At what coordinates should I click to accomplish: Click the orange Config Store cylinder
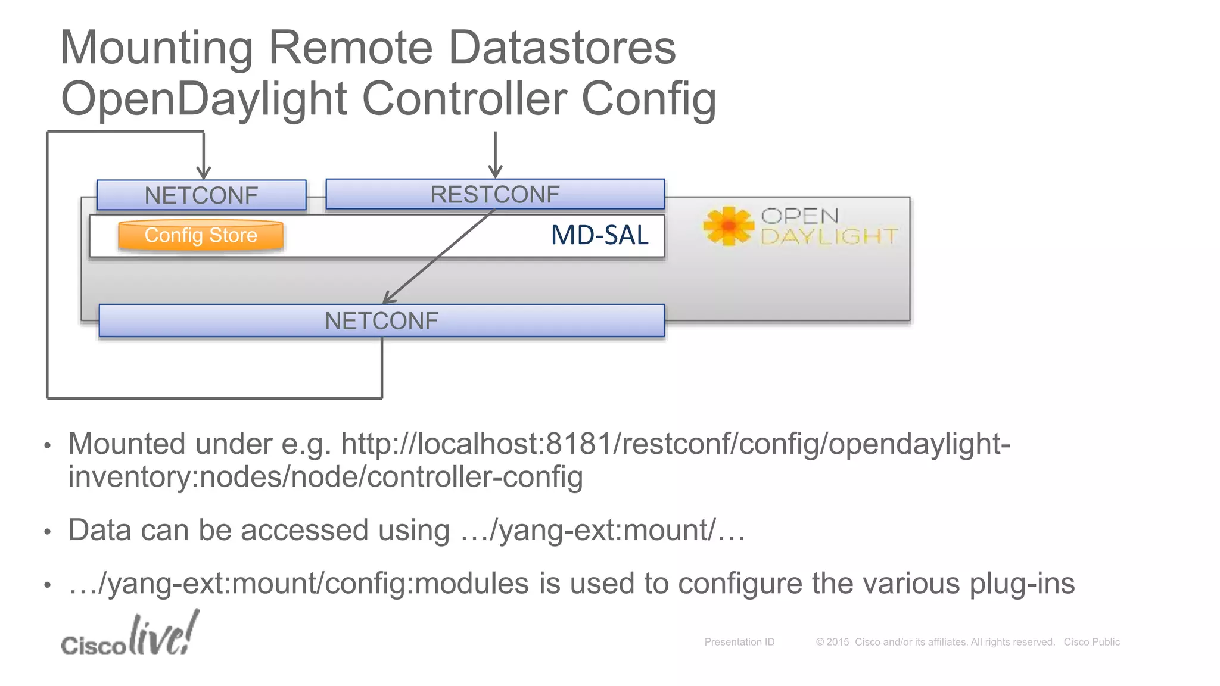click(x=201, y=236)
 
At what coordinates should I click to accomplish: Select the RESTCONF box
click(x=495, y=194)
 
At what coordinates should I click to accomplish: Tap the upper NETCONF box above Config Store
click(x=201, y=195)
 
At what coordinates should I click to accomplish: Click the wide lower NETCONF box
click(x=381, y=321)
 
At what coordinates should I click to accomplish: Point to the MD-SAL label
click(x=599, y=235)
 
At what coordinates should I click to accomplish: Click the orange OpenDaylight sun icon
click(x=728, y=226)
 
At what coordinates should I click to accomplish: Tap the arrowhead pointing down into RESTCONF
click(x=495, y=171)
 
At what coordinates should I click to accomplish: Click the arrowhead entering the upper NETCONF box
click(x=204, y=173)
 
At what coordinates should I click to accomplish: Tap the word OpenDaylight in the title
click(x=204, y=99)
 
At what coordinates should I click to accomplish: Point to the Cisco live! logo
click(x=130, y=636)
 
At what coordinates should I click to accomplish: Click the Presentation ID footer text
click(x=739, y=642)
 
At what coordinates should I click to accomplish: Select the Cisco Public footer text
click(x=1091, y=642)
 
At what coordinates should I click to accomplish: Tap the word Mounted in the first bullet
click(x=127, y=444)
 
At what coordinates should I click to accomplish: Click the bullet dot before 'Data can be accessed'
click(x=48, y=531)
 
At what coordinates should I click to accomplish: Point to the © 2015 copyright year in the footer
click(x=832, y=642)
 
